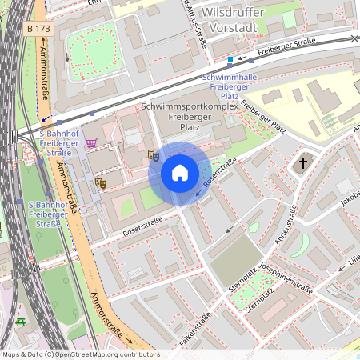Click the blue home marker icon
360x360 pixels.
[x=180, y=173]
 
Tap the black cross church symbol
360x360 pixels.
[x=302, y=163]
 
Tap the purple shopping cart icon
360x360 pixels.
[x=92, y=143]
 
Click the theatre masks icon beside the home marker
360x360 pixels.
[x=153, y=155]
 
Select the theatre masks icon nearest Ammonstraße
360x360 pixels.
[x=101, y=183]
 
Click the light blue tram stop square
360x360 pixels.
[x=230, y=59]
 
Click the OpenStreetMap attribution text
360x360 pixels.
[x=80, y=354]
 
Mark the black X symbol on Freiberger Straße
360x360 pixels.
[x=354, y=38]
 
